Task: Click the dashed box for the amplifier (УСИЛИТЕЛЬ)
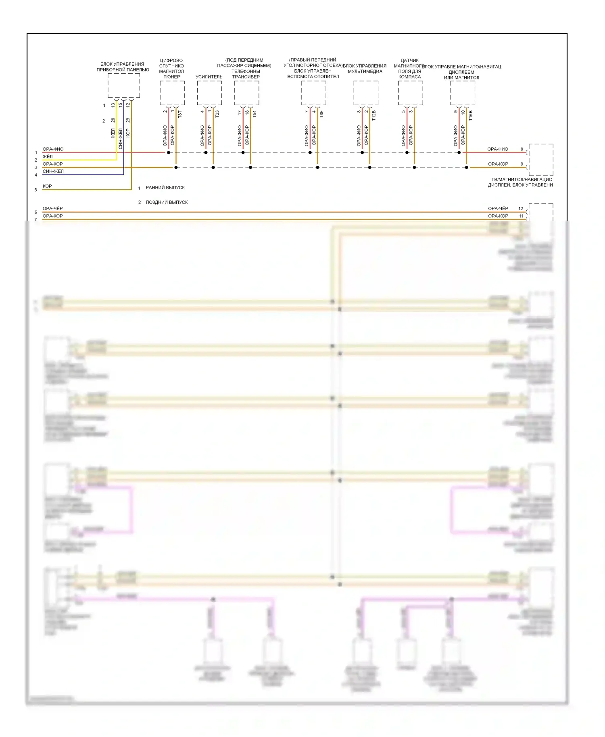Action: [209, 93]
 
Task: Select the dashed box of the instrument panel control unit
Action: [123, 85]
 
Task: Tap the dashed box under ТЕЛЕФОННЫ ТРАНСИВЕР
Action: [246, 93]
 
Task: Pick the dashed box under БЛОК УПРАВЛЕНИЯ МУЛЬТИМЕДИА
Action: [366, 93]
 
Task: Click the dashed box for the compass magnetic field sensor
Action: [410, 93]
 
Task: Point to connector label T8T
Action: [180, 114]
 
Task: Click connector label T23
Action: [217, 114]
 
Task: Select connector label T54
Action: [254, 114]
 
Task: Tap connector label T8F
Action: [321, 114]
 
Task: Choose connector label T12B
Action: [373, 115]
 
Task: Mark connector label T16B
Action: [470, 115]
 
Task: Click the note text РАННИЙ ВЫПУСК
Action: [165, 187]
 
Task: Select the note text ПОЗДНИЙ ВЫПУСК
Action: [167, 202]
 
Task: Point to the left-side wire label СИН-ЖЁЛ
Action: [53, 171]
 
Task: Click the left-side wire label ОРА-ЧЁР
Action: [52, 208]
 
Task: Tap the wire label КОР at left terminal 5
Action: [47, 186]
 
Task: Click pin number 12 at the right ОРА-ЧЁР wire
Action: [521, 208]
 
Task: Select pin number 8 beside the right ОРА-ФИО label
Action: [522, 149]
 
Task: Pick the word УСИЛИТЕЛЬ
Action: [209, 77]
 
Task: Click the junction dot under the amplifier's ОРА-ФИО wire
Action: [206, 152]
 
